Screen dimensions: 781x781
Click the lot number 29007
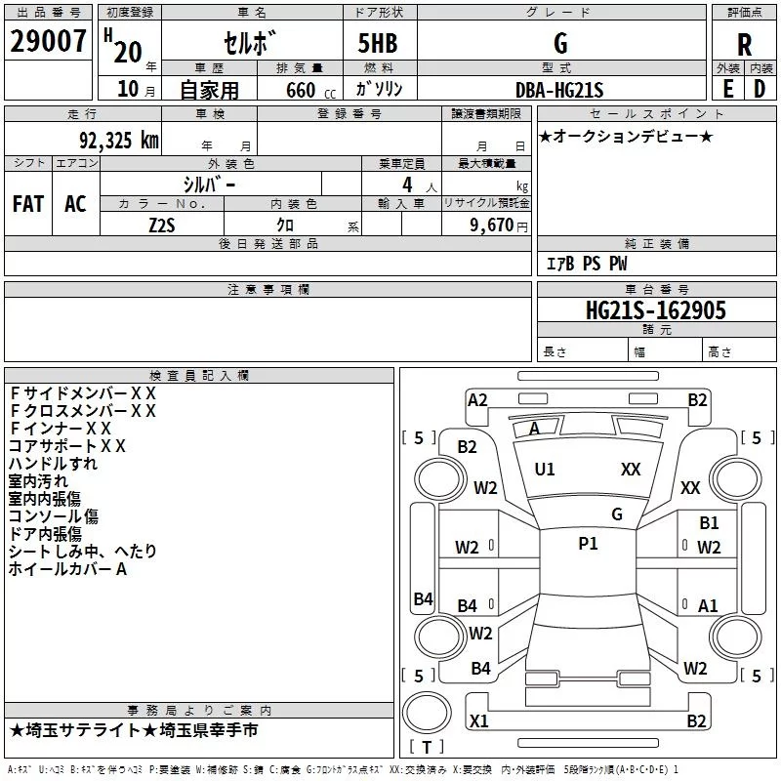pos(49,41)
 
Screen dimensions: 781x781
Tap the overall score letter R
pos(744,45)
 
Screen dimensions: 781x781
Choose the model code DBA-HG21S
pos(559,90)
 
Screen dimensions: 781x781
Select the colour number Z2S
pos(161,224)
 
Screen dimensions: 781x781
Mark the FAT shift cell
pos(28,204)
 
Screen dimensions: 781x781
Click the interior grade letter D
pos(759,90)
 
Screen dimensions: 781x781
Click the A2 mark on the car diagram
pos(477,399)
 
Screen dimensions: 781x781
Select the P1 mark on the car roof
pos(588,544)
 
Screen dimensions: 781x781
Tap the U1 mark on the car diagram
pos(545,470)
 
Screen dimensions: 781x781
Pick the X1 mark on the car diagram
pos(479,721)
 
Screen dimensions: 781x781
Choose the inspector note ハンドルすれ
pos(53,464)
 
